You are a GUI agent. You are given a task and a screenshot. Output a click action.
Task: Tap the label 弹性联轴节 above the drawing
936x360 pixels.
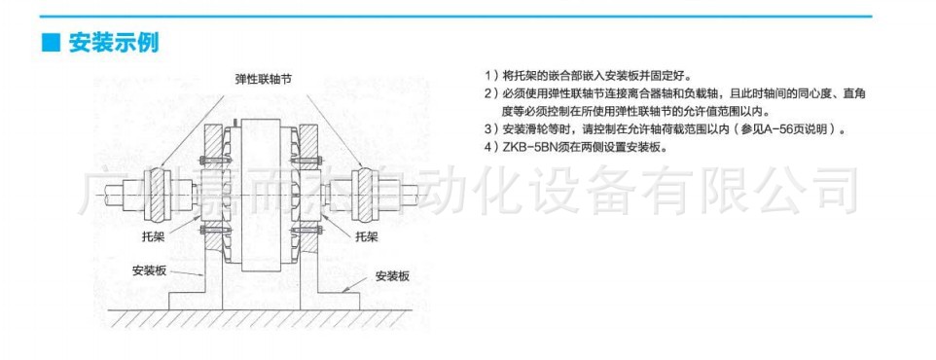263,79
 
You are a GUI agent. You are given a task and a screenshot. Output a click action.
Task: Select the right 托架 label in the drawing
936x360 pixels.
367,235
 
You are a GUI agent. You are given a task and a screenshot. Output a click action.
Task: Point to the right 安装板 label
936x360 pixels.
392,275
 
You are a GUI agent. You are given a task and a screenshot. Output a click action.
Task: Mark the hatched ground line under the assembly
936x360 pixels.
263,317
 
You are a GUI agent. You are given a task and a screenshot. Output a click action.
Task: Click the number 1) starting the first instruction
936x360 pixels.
490,75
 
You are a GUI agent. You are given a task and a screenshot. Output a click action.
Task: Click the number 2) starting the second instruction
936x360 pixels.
490,93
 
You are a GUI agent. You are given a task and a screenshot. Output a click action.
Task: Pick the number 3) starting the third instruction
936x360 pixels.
490,129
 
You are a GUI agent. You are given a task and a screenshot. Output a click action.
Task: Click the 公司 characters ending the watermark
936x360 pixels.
816,189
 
